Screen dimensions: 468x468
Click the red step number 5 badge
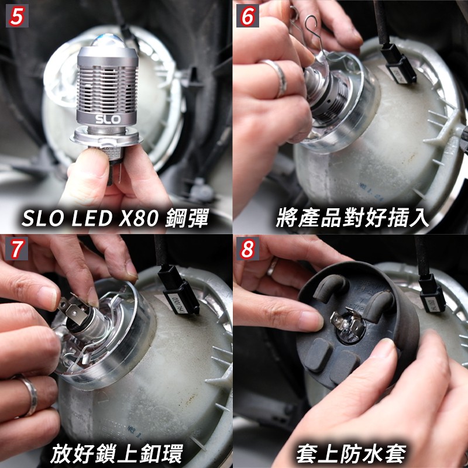point(17,16)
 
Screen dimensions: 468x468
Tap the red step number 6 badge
point(247,16)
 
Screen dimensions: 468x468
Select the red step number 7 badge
point(17,248)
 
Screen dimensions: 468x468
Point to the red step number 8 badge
point(247,248)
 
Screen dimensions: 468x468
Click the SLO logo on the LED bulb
point(108,119)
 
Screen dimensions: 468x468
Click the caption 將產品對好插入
point(352,218)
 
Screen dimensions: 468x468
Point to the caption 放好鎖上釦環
point(116,454)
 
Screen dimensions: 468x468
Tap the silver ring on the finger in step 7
point(28,395)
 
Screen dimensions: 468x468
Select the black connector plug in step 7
point(178,290)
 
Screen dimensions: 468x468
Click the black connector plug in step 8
point(431,294)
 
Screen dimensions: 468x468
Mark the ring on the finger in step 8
point(273,266)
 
